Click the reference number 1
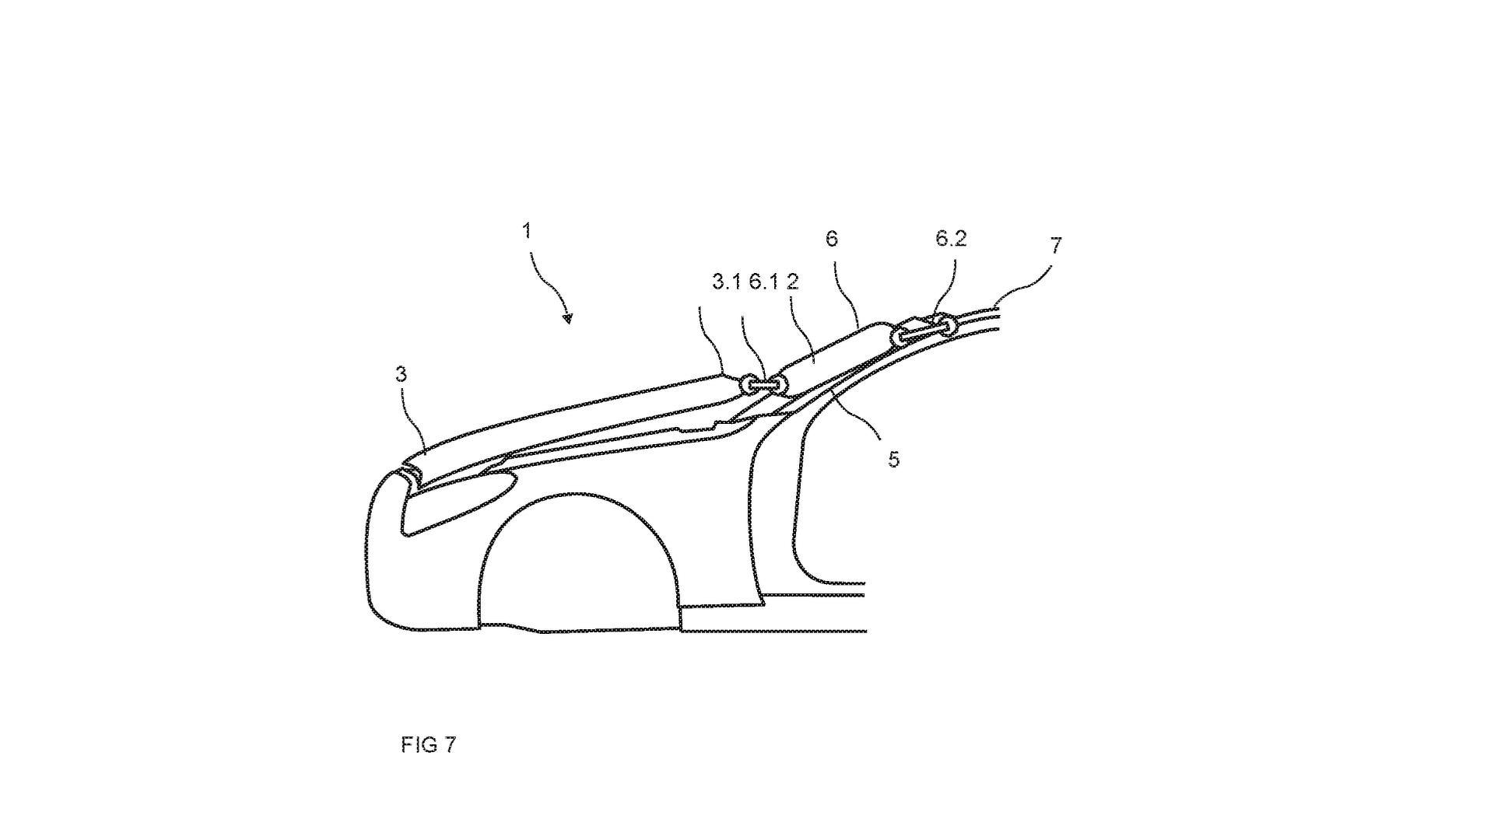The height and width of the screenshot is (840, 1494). click(x=527, y=231)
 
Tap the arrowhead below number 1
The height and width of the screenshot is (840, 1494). click(x=568, y=317)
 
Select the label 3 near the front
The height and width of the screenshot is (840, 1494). click(x=401, y=374)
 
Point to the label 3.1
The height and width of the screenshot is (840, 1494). click(x=726, y=282)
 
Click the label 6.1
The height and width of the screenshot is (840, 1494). click(x=763, y=282)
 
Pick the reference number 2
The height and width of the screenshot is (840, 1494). click(x=792, y=282)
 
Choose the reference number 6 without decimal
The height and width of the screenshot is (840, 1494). click(x=832, y=239)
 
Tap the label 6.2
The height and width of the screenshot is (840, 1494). click(x=951, y=239)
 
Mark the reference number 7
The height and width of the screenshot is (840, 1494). click(x=1055, y=246)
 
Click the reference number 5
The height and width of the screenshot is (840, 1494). click(x=893, y=460)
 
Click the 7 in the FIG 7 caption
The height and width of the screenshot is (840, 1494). click(x=449, y=745)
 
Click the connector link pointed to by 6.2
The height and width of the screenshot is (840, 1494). click(x=923, y=329)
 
